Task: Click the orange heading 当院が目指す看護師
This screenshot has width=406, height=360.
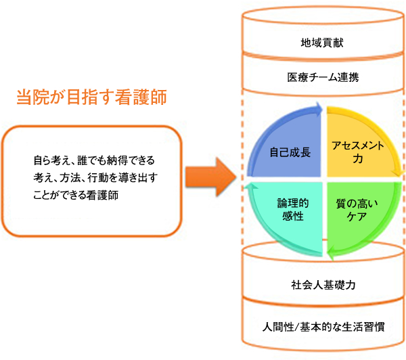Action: point(91,97)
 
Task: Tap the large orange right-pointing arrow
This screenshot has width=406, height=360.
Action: point(211,177)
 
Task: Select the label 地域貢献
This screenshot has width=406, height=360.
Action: point(322,43)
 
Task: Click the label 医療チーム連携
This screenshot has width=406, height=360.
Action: point(323,77)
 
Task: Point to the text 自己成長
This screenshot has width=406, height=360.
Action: point(290,152)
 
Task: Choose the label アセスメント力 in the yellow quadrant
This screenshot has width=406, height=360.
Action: point(358,152)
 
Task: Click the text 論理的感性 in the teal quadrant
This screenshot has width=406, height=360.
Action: point(293,210)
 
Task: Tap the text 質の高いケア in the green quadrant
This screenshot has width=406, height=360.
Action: point(357,210)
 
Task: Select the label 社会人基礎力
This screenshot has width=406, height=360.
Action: point(323,285)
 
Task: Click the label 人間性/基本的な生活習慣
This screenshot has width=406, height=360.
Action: point(323,327)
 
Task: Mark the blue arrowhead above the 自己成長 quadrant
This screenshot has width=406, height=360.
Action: point(317,109)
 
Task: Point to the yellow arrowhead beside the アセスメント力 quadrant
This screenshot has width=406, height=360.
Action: point(398,173)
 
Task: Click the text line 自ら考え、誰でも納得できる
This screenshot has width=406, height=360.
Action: point(94,160)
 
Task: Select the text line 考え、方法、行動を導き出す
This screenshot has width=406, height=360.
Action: point(95,178)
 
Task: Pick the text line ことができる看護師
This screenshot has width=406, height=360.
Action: point(76,195)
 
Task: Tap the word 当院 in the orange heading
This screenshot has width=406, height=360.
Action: point(33,97)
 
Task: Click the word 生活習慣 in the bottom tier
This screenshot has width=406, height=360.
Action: point(363,327)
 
